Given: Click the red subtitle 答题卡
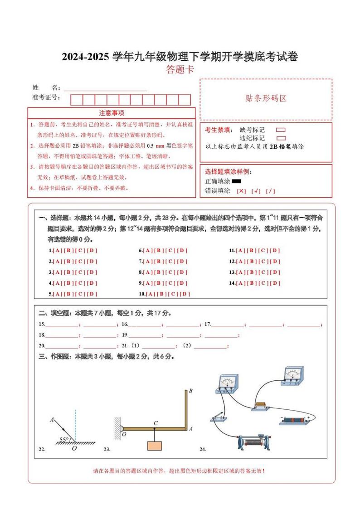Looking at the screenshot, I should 180,69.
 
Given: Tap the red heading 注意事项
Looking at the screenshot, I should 112,113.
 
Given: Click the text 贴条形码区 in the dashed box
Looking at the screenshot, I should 266,98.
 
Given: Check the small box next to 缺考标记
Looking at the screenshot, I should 281,130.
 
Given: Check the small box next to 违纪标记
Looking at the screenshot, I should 281,138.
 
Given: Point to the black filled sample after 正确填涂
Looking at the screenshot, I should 236,181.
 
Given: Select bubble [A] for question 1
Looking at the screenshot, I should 57,250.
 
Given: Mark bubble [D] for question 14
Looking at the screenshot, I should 275,283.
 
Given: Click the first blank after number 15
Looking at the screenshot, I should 62,325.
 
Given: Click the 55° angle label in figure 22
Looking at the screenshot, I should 64,439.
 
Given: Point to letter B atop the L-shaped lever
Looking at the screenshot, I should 190,391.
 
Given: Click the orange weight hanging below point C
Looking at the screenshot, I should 155,445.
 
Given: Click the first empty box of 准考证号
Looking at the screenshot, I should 77,100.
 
